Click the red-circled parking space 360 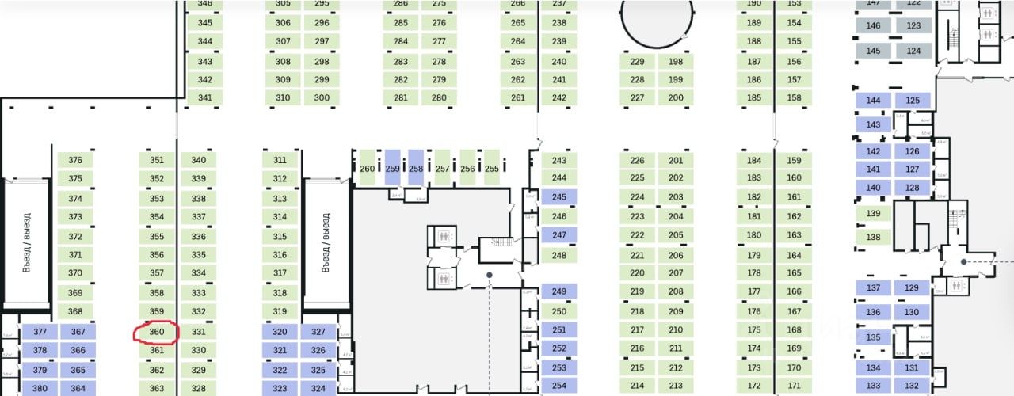(157, 333)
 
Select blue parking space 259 (392, 168)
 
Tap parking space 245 (559, 197)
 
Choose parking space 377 (40, 333)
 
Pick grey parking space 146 (874, 26)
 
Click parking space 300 (322, 98)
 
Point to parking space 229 (637, 62)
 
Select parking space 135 (874, 337)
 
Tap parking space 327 (318, 332)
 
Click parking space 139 (874, 214)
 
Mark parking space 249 (559, 292)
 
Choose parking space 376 (75, 160)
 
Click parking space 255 (492, 168)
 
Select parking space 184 (754, 160)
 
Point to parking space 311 (280, 160)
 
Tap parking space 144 (874, 101)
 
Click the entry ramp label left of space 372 (26, 242)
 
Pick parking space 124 (914, 51)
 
